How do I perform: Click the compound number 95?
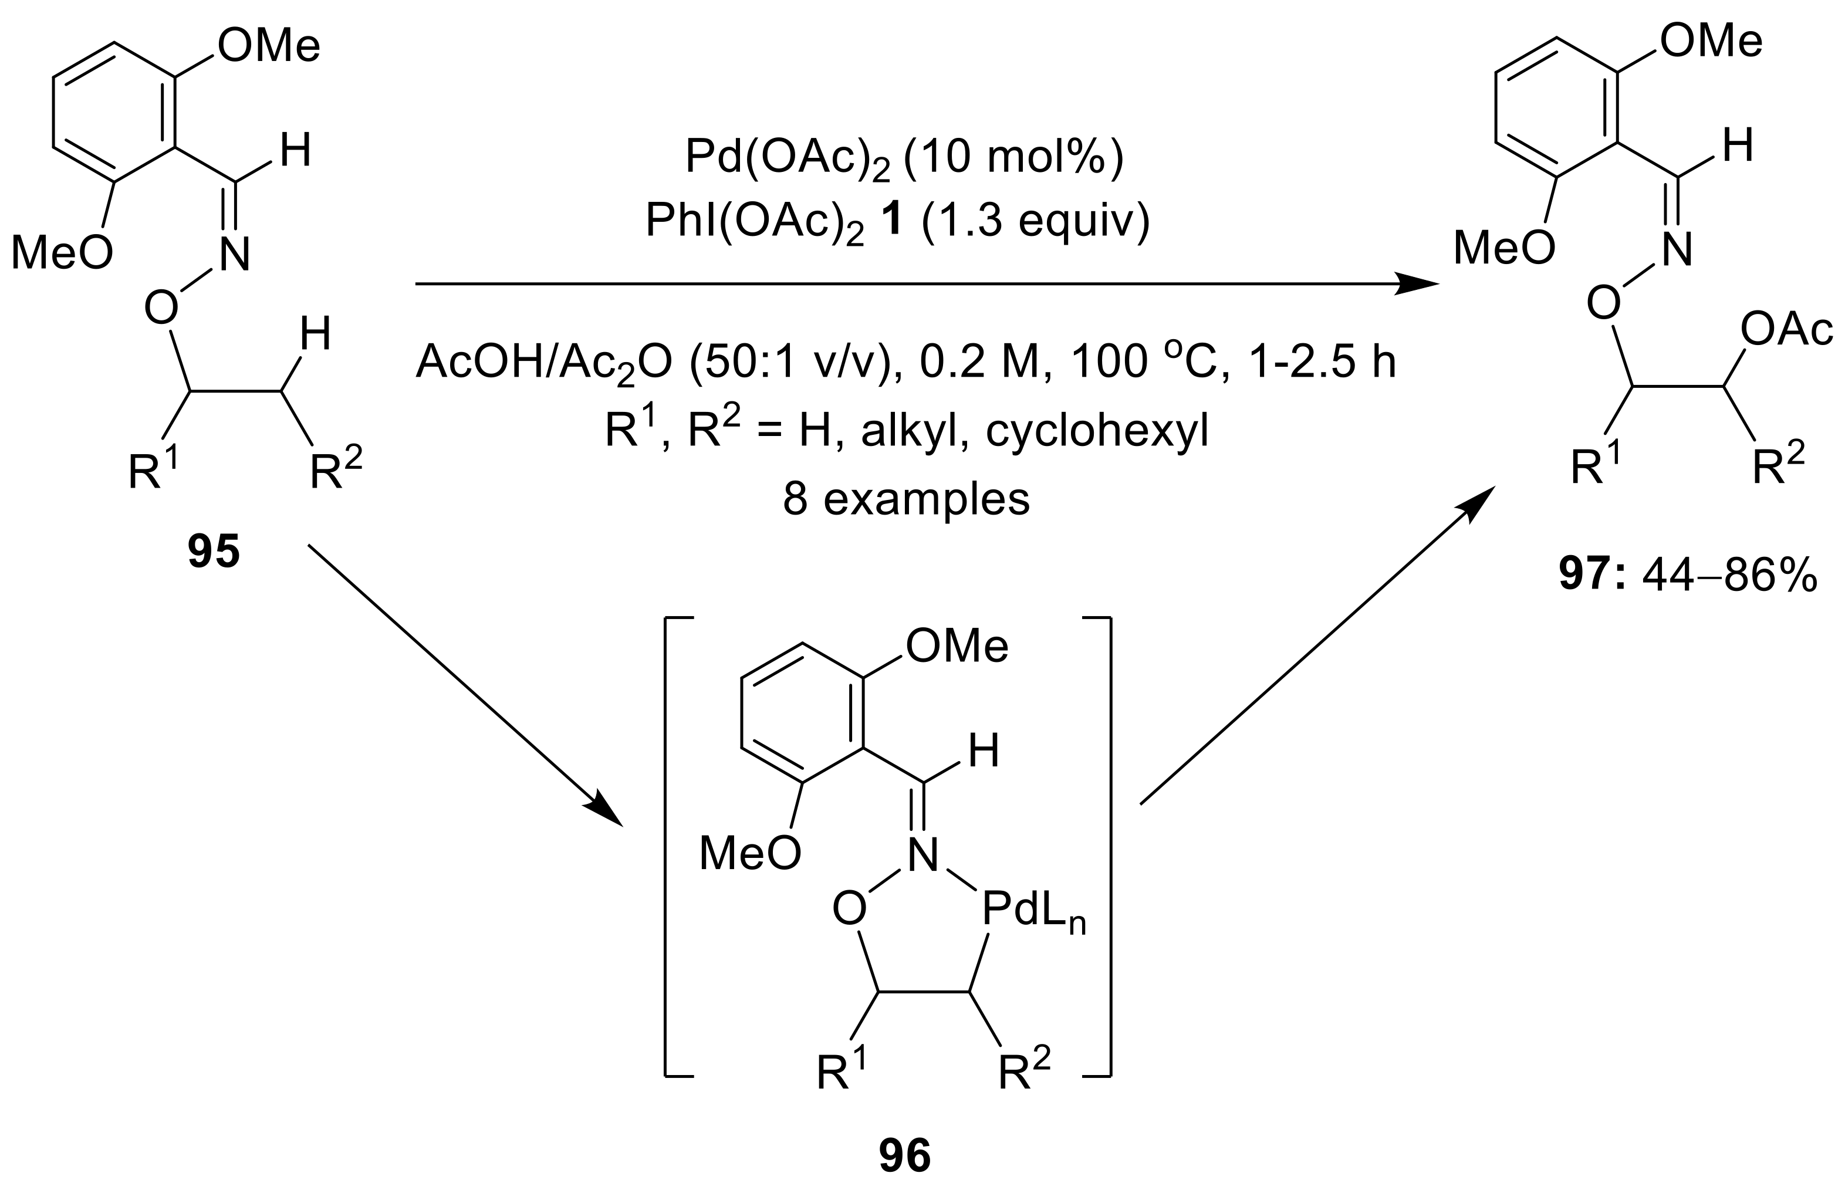click(x=214, y=552)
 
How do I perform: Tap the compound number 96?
click(x=905, y=1157)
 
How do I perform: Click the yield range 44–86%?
click(x=1729, y=574)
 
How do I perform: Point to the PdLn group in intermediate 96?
click(x=1033, y=912)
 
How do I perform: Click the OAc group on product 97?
click(x=1786, y=330)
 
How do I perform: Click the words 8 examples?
click(x=907, y=499)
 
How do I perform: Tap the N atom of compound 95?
click(x=235, y=255)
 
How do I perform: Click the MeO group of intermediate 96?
click(x=749, y=853)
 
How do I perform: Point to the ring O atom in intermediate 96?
click(x=850, y=911)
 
